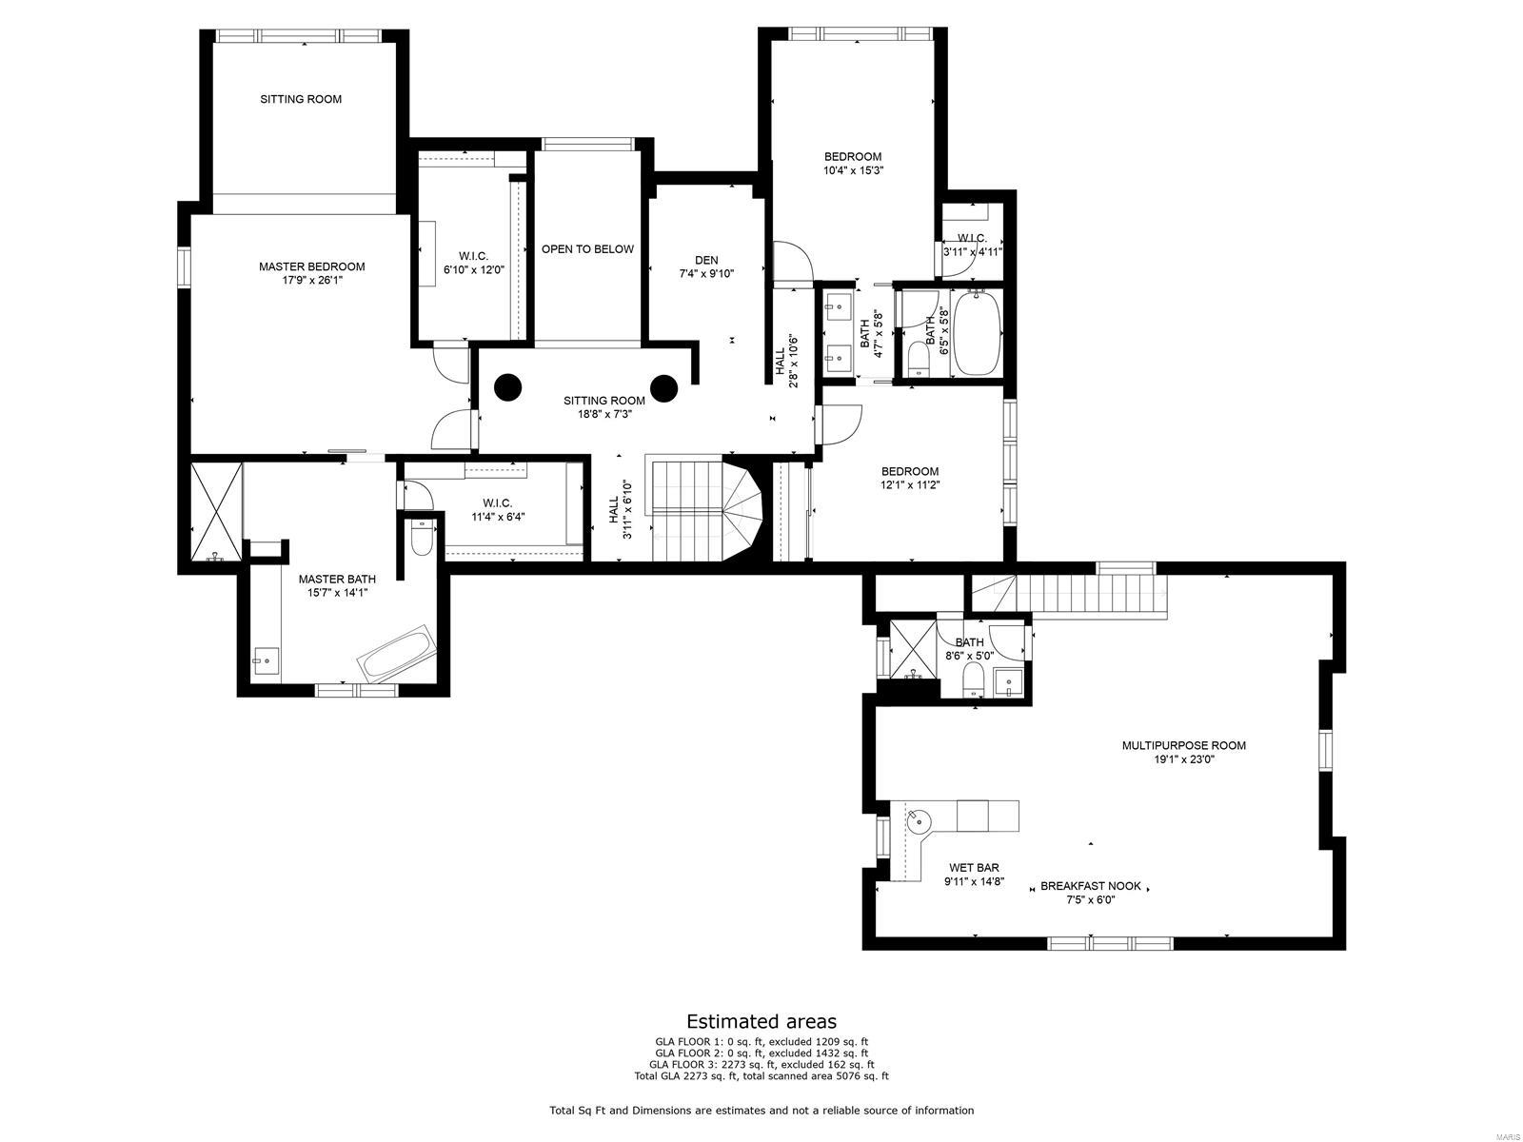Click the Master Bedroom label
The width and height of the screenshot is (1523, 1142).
(x=311, y=266)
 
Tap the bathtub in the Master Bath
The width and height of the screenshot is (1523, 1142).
(x=397, y=654)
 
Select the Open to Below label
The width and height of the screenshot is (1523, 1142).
(x=587, y=249)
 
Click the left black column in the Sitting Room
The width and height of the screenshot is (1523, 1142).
(x=507, y=387)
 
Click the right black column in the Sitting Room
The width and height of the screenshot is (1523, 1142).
(x=663, y=387)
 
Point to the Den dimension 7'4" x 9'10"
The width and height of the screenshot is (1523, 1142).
(x=706, y=274)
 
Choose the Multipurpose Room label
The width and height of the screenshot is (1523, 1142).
(x=1183, y=745)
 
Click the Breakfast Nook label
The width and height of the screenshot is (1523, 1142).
(x=1090, y=885)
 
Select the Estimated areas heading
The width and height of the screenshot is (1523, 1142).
(x=761, y=1021)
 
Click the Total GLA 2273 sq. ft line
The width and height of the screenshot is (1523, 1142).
(x=761, y=1076)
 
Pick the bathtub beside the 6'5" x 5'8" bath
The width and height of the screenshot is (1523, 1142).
(x=976, y=333)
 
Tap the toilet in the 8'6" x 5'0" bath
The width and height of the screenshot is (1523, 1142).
(x=973, y=679)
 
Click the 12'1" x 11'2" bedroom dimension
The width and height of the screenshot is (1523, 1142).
(x=909, y=484)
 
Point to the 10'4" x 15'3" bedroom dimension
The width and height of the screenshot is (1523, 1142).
(x=852, y=171)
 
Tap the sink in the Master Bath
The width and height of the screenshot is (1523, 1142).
(x=266, y=658)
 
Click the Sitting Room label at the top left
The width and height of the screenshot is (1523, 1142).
(x=301, y=99)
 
